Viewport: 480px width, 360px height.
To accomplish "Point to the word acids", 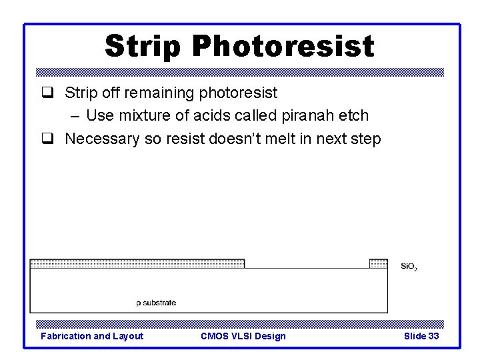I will (212, 115).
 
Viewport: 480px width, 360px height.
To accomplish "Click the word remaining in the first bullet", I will (161, 92).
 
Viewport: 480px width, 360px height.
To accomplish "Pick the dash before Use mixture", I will (75, 115).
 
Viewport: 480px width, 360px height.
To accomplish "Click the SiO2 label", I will (409, 267).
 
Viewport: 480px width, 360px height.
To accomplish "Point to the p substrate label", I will (156, 303).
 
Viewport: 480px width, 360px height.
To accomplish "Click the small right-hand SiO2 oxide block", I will (378, 264).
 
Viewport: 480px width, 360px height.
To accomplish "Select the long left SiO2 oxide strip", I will (137, 264).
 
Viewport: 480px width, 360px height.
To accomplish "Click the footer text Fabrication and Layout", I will (92, 336).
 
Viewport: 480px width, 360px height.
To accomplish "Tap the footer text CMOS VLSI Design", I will (243, 336).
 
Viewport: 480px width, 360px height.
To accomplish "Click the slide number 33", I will (433, 336).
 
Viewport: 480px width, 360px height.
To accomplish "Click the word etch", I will (353, 115).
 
